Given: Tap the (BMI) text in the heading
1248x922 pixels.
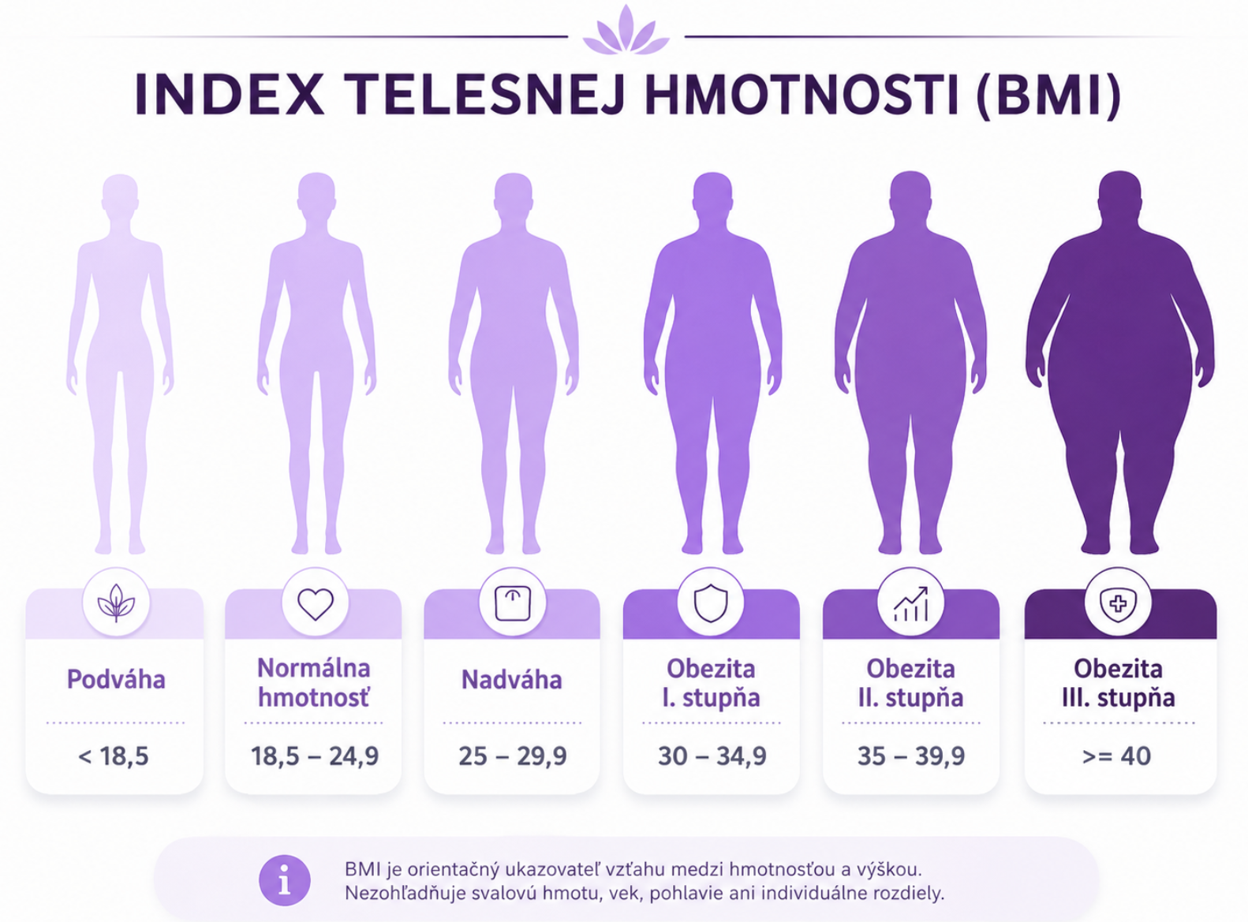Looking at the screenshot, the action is pos(1049,95).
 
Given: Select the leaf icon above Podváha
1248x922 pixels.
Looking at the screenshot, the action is pos(117,603).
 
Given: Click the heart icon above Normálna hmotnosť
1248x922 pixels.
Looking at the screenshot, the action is pos(315,603).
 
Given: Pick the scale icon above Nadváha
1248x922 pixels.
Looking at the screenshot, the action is pos(513,603).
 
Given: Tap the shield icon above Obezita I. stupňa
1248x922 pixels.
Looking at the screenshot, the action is pos(711,603).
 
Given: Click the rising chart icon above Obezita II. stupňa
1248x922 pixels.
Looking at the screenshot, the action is pos(911,603).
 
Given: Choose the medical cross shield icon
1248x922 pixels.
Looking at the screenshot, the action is pos(1118,603).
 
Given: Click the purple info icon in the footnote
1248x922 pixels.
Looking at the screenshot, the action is pos(285,880).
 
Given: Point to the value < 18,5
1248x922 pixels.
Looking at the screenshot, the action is pos(113,756).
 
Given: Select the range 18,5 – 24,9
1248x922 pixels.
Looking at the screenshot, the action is pos(315,756).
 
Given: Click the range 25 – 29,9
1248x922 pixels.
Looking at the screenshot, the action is pos(513,756).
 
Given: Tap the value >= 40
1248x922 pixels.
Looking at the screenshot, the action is pos(1116,756).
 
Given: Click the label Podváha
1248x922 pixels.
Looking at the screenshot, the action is pos(116,680).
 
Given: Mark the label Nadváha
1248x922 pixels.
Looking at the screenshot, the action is pos(511,680).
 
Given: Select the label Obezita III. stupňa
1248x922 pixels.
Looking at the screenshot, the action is pos(1118,683).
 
